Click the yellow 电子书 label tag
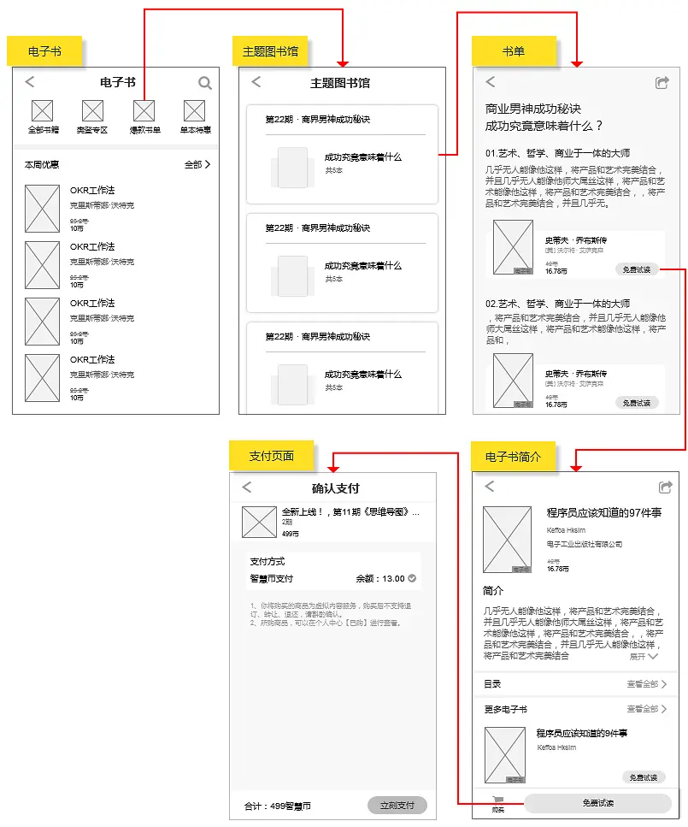pos(44,51)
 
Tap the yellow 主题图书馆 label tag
pos(270,51)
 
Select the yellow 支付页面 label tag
pos(271,456)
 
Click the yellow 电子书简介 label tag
pos(513,457)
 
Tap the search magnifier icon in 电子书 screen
pos(205,83)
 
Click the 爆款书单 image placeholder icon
pos(144,110)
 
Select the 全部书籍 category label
pos(43,130)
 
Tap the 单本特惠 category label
pos(195,130)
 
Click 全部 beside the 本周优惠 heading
pos(197,164)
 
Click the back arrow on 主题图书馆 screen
pos(256,82)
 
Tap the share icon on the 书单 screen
pos(662,82)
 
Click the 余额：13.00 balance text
pos(381,579)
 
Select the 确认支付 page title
pos(335,488)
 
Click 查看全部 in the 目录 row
pos(646,684)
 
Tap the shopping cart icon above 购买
pos(497,799)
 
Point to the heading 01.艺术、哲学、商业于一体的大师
pos(558,153)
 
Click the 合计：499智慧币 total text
pos(277,806)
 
